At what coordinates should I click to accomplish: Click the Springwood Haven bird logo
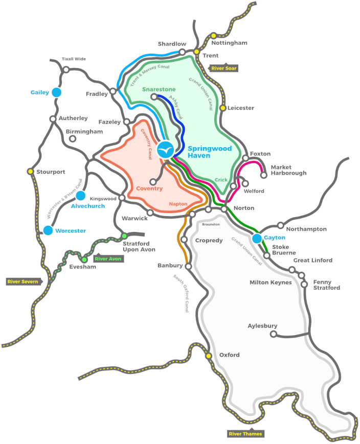(x=165, y=150)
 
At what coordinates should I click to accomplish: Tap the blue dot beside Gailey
(x=56, y=92)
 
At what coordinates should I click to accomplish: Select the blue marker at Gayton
(x=257, y=238)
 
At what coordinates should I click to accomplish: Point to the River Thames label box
(x=245, y=434)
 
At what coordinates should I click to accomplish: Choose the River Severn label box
(x=22, y=281)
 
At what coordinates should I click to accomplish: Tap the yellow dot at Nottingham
(x=213, y=37)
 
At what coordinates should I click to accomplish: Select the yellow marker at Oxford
(x=209, y=356)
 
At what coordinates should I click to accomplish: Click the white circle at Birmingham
(x=73, y=138)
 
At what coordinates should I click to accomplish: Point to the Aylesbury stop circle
(x=273, y=335)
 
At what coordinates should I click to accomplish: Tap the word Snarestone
(x=159, y=89)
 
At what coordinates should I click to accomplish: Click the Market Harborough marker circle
(x=264, y=175)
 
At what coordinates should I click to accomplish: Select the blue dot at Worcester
(x=48, y=230)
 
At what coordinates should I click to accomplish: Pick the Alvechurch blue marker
(x=80, y=195)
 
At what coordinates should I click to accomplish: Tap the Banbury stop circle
(x=188, y=266)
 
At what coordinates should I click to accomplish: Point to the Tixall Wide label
(x=74, y=59)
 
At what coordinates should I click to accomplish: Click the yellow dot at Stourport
(x=30, y=171)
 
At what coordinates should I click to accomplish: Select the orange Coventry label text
(x=150, y=189)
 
